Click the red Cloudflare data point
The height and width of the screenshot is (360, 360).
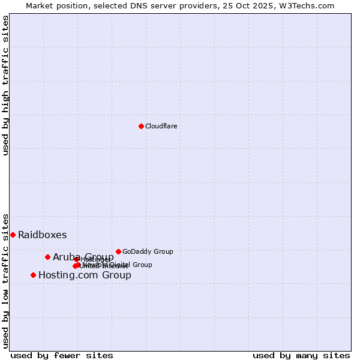tap(141, 126)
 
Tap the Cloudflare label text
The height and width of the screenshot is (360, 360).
tap(161, 126)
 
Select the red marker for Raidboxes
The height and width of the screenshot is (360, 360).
tap(13, 235)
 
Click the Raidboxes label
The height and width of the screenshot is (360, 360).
tap(42, 235)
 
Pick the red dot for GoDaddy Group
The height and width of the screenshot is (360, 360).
tap(118, 251)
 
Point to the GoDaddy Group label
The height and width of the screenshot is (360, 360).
tap(148, 252)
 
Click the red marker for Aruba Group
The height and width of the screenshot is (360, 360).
tap(47, 257)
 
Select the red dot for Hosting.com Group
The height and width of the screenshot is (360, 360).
tap(33, 275)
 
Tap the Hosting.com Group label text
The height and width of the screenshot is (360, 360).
tap(85, 275)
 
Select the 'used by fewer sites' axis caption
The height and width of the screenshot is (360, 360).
tap(62, 355)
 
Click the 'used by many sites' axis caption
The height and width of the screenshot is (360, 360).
tap(301, 355)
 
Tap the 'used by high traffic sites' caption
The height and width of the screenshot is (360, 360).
tap(6, 85)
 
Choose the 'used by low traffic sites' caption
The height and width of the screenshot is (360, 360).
tap(6, 280)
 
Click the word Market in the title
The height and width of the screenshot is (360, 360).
tap(40, 5)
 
